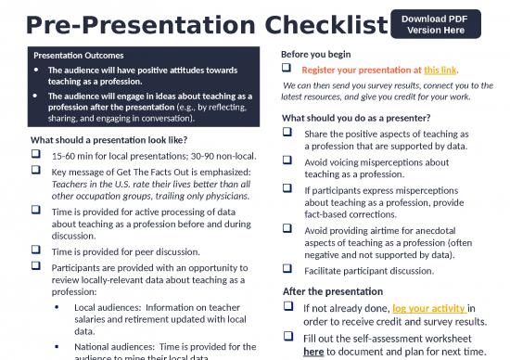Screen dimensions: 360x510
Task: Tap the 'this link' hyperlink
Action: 440,71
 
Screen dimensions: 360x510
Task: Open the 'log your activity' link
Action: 428,308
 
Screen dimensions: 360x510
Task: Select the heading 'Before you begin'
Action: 316,53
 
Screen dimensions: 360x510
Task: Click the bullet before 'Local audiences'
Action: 58,306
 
